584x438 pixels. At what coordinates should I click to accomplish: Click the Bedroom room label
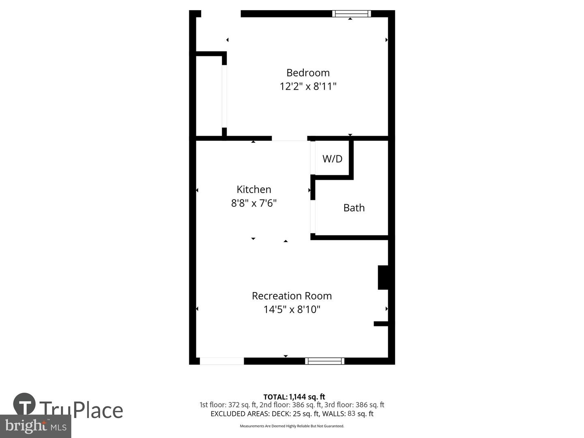308,73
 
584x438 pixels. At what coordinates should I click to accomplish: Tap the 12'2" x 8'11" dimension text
308,86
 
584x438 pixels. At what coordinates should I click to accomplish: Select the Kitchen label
254,189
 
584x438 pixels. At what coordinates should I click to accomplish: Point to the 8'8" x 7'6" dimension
254,203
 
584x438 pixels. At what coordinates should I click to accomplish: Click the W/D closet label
333,159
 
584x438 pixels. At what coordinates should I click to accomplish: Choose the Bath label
354,208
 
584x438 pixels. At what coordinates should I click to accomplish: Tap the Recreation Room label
292,296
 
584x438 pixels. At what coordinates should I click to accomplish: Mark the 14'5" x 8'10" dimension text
292,309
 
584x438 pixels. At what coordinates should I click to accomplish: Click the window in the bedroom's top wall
352,14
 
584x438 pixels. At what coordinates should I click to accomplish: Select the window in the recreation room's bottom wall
324,361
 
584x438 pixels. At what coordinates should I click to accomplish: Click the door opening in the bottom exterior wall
222,361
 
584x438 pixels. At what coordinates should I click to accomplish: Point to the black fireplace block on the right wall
384,277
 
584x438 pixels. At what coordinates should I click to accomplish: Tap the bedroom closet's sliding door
224,96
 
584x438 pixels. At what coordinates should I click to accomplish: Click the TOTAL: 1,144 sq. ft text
294,397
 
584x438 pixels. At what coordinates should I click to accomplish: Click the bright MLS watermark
35,426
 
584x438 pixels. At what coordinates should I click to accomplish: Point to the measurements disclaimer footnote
292,426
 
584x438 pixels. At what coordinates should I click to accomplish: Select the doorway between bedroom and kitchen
289,139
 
